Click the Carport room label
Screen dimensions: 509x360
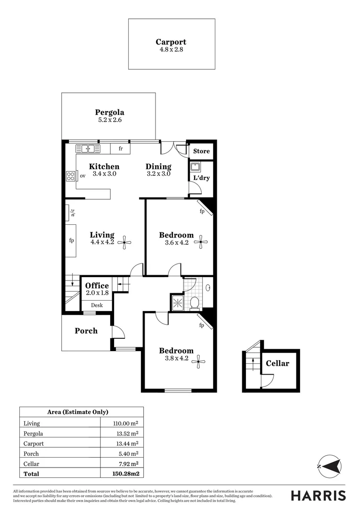(x=171, y=42)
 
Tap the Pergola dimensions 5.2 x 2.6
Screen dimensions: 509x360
(x=109, y=121)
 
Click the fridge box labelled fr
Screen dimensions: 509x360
(x=121, y=149)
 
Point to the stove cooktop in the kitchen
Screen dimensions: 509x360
(x=71, y=176)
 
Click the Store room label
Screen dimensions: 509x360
(x=201, y=151)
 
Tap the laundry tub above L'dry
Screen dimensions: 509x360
(x=195, y=167)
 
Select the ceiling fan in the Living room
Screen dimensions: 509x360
(x=125, y=243)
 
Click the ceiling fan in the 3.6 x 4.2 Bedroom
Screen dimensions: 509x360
(x=201, y=243)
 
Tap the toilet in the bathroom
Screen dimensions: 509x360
(x=195, y=302)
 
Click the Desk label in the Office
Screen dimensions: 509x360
(x=97, y=305)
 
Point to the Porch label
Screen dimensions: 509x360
(x=86, y=331)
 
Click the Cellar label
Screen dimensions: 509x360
(x=278, y=363)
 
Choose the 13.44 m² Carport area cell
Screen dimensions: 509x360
(x=127, y=443)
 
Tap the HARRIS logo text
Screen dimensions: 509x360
(x=318, y=495)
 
